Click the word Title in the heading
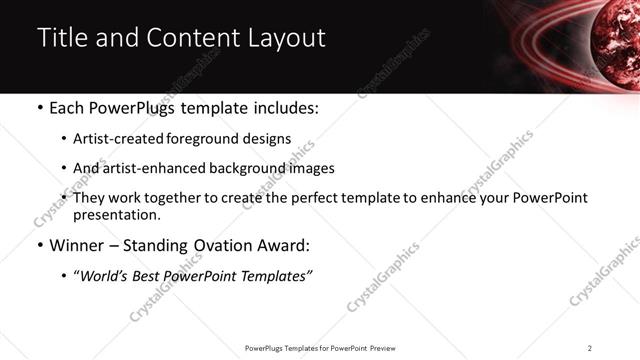click(x=60, y=39)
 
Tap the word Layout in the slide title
click(x=283, y=39)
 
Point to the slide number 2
click(x=590, y=348)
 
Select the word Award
click(x=281, y=245)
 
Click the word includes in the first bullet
click(x=282, y=107)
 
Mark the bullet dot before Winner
click(x=39, y=246)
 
